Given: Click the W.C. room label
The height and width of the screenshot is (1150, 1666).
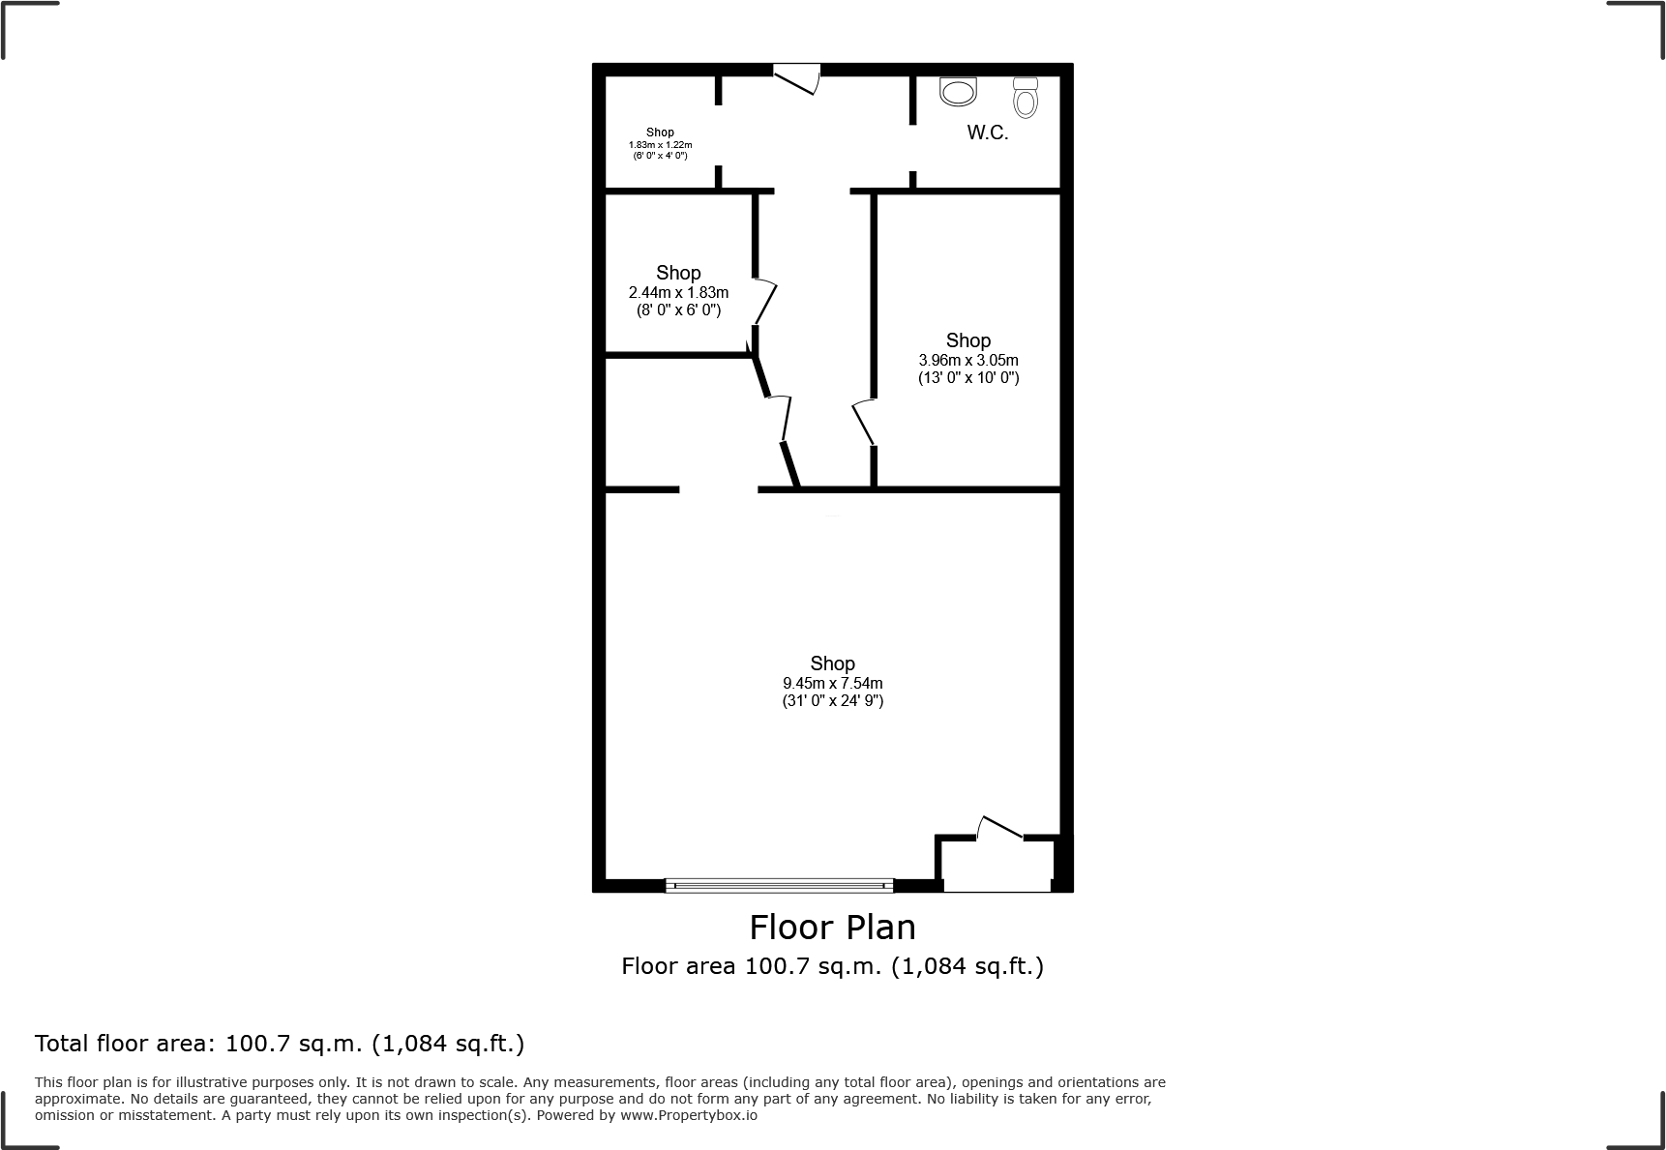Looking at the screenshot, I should click(x=987, y=133).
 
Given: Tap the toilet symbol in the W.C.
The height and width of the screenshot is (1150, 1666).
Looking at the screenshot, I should click(x=1026, y=97).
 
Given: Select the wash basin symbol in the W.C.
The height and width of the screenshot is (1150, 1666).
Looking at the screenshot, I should click(x=959, y=93).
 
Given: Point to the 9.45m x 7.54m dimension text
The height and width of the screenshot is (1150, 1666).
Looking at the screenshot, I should click(x=832, y=683).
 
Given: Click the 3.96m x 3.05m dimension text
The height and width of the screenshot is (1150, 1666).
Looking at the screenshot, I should click(x=967, y=360).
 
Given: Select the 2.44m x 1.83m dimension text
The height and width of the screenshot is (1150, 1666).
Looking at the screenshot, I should click(x=678, y=292).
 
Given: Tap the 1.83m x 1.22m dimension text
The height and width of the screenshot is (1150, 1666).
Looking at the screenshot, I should click(x=660, y=144).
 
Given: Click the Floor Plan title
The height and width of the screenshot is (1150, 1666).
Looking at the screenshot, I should click(x=832, y=928).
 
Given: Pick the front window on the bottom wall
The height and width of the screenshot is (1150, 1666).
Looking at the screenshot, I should click(x=779, y=884).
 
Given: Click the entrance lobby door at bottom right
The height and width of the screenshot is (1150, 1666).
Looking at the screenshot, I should click(x=1000, y=828).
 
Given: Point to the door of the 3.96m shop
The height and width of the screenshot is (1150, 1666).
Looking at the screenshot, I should click(x=863, y=423).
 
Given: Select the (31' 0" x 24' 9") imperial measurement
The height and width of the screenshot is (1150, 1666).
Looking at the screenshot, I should click(x=832, y=701).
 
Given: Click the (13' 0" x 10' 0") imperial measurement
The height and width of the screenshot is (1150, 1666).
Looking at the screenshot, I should click(x=967, y=378).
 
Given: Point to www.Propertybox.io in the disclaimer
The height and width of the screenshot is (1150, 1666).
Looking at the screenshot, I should click(x=689, y=1115).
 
